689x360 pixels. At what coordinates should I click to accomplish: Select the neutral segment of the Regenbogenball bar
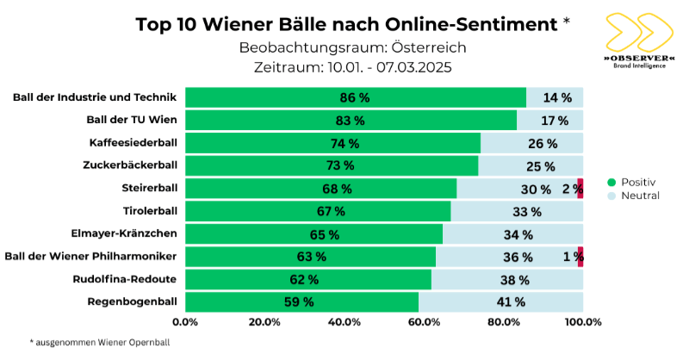[x=500, y=301]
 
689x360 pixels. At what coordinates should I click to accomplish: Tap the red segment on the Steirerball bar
[x=580, y=189]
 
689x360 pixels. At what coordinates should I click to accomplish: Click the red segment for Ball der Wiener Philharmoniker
[x=580, y=257]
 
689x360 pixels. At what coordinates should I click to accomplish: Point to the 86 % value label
[x=354, y=98]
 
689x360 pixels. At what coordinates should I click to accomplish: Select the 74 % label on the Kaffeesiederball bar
[x=344, y=144]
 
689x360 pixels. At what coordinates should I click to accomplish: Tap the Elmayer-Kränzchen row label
[x=123, y=233]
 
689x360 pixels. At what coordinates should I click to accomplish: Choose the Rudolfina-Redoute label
[x=125, y=279]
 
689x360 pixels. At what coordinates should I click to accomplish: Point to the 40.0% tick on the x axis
[x=344, y=322]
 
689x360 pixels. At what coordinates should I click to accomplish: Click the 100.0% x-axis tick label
[x=583, y=322]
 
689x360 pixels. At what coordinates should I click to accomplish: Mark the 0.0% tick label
[x=185, y=322]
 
